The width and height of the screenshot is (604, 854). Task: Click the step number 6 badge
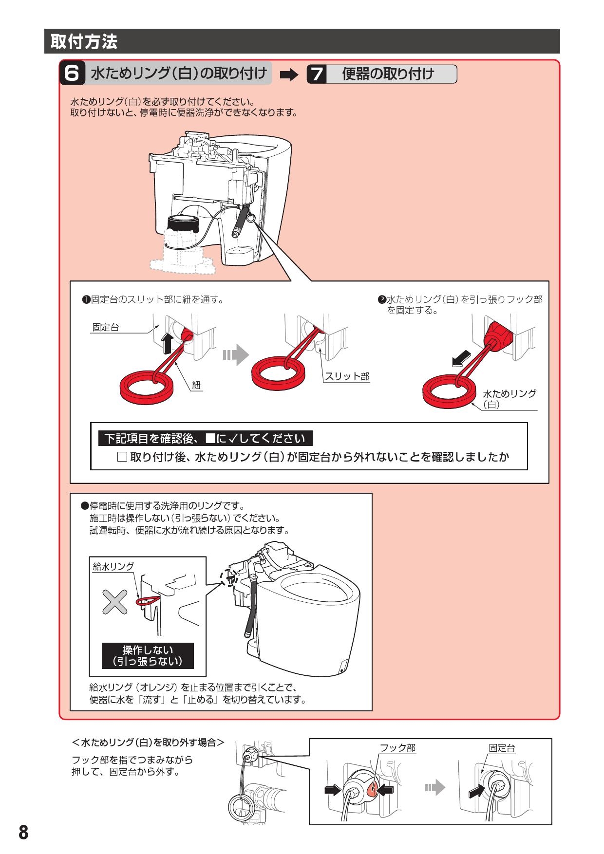(72, 73)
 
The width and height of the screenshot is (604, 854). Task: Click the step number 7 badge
(317, 74)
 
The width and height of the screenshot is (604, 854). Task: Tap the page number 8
(23, 832)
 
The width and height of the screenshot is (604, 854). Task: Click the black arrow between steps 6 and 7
(289, 75)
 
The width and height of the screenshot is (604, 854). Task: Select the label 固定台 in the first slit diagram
(105, 327)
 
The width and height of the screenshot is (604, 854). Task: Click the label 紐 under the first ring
(196, 385)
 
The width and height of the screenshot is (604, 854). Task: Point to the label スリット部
(347, 376)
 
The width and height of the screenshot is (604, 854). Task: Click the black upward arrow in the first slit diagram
(167, 343)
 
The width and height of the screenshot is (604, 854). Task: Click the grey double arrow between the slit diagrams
(235, 355)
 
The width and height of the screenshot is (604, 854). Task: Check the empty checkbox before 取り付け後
(122, 457)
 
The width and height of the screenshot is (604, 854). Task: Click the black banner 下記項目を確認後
(205, 438)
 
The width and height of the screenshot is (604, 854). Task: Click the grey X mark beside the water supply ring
(114, 602)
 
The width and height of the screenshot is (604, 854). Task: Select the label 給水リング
(113, 566)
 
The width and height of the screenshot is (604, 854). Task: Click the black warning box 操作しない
(148, 655)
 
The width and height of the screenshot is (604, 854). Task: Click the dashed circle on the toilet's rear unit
(228, 577)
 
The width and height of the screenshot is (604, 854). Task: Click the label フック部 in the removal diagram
(397, 748)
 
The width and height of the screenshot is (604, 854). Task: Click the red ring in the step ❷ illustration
(448, 392)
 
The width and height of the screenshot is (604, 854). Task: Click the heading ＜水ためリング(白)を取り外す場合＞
(148, 743)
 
